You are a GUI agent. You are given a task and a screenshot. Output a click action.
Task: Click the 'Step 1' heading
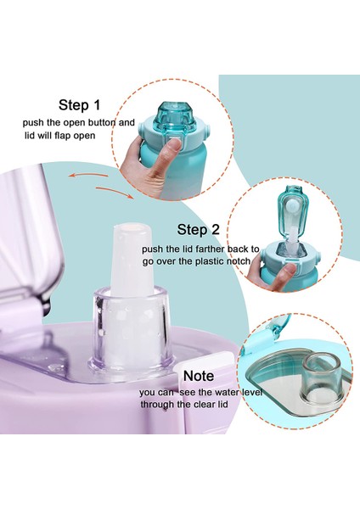click(80, 105)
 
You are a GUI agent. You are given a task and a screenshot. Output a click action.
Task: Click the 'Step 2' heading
click(198, 230)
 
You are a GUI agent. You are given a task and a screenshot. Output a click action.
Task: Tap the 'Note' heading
click(199, 376)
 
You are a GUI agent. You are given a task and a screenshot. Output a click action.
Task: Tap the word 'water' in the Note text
click(227, 392)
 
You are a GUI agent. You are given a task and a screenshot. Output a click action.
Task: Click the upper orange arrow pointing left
click(87, 176)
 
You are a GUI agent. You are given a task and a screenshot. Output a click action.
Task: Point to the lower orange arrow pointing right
click(115, 193)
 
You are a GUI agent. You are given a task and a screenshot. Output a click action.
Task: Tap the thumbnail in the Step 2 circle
click(289, 271)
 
